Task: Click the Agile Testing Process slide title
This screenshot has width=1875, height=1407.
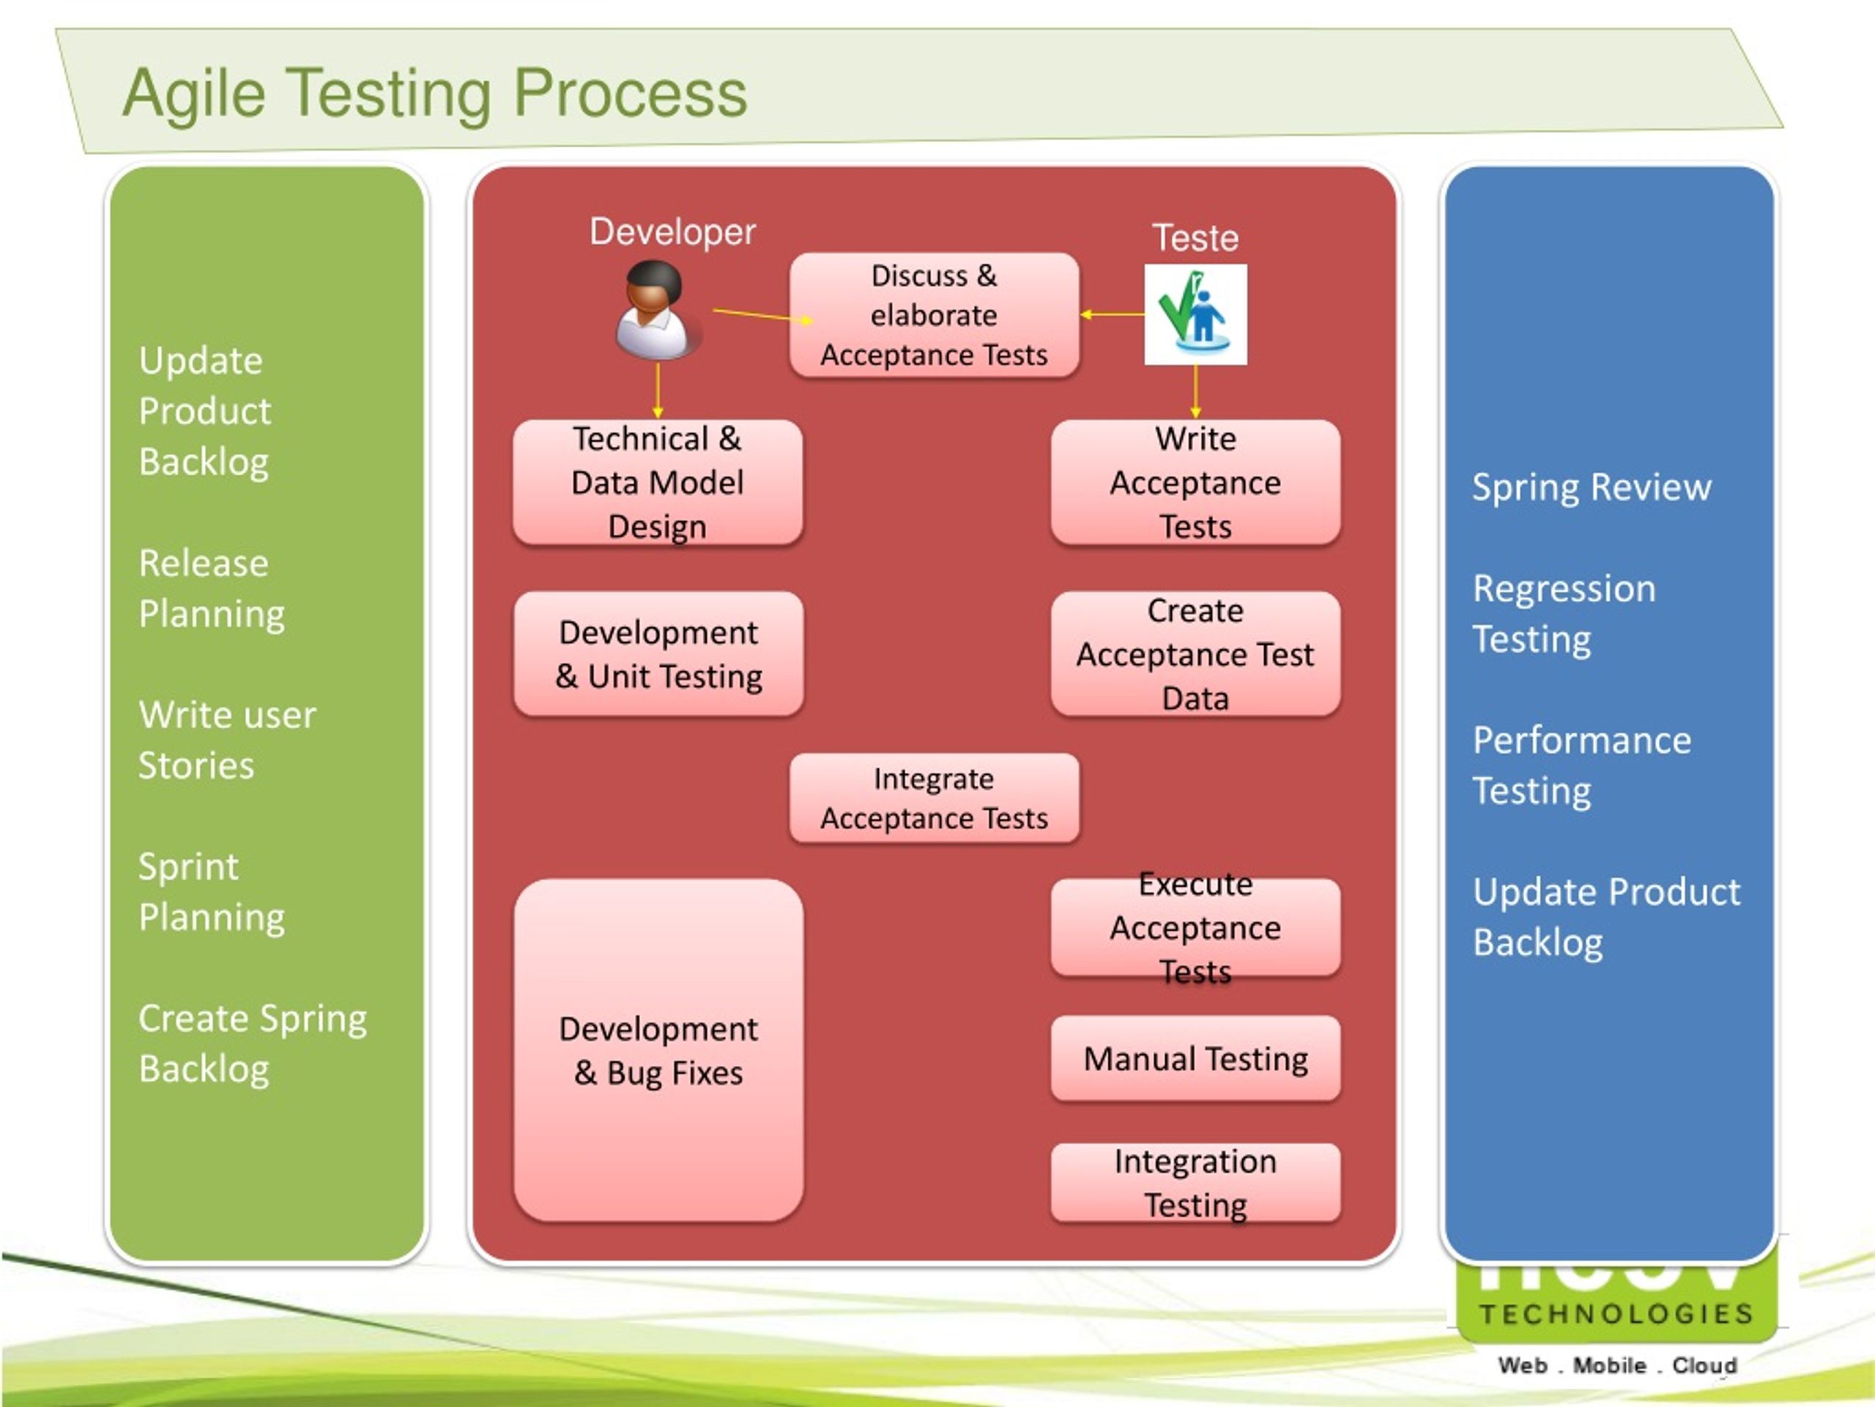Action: point(435,93)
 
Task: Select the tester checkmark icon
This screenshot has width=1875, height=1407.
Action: point(1195,314)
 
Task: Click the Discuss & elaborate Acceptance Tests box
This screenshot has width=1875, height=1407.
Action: point(933,314)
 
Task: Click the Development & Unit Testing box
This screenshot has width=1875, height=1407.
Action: point(658,654)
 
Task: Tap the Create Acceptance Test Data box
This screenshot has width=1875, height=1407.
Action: point(1195,654)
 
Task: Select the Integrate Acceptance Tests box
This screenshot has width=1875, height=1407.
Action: point(933,798)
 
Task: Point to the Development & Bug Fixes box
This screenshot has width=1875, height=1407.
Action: point(658,1050)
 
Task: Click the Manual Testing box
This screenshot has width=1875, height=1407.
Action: point(1195,1058)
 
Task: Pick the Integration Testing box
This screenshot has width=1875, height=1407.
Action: point(1195,1182)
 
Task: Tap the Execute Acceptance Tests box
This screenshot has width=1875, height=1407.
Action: point(1195,928)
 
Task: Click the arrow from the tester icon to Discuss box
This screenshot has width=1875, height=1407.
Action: point(1112,314)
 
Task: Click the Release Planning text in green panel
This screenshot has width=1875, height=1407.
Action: point(211,588)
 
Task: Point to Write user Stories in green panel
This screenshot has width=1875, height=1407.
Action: point(226,739)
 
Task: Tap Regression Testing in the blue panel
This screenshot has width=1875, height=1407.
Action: point(1563,613)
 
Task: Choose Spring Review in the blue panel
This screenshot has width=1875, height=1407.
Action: point(1591,487)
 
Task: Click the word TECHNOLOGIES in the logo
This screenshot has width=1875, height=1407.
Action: point(1616,1314)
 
